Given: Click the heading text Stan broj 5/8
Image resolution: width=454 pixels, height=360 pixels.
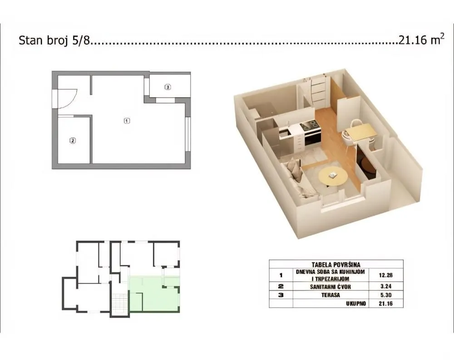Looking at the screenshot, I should click(x=54, y=40).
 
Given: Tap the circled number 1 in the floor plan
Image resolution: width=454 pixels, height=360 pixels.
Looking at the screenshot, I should click(x=127, y=121).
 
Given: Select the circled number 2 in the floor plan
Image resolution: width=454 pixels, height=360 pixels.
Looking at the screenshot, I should click(x=72, y=141).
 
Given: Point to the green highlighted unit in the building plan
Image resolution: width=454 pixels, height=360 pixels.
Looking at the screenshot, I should click(x=154, y=295).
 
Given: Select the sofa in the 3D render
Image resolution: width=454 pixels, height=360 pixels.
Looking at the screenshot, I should click(x=297, y=179).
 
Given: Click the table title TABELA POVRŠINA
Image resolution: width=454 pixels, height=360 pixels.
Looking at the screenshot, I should click(x=336, y=264).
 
